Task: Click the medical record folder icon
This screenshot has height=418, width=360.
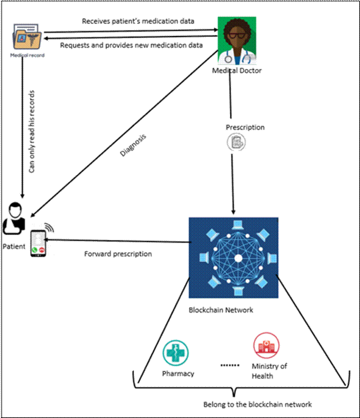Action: pos(27,37)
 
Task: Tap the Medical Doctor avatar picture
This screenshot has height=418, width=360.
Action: pos(237,41)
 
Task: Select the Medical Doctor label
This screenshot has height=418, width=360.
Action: pos(237,71)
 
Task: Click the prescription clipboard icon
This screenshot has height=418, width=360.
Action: pos(237,142)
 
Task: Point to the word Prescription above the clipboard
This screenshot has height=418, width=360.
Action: pos(245,128)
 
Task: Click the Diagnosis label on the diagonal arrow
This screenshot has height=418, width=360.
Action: pos(133,145)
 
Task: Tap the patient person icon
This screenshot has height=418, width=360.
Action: pos(14,218)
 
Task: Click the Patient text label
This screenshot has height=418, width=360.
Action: pos(14,246)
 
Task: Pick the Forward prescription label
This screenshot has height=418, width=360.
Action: pos(118,254)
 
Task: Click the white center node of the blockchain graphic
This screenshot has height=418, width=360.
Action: pos(238,258)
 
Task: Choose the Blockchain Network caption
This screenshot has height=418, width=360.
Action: pos(221,310)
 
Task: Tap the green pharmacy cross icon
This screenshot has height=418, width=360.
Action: pos(175,353)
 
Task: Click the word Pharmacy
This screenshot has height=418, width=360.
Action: pos(178,374)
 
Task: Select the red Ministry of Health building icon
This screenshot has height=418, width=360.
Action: pos(266,345)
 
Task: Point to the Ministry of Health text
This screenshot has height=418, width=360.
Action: pos(270,371)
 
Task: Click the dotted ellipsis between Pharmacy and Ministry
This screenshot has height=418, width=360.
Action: pos(230,365)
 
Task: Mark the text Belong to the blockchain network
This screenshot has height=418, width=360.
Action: pos(257,404)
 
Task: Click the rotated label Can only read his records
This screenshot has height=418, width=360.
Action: pos(32,132)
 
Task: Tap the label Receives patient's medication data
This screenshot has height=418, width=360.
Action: pos(138,21)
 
